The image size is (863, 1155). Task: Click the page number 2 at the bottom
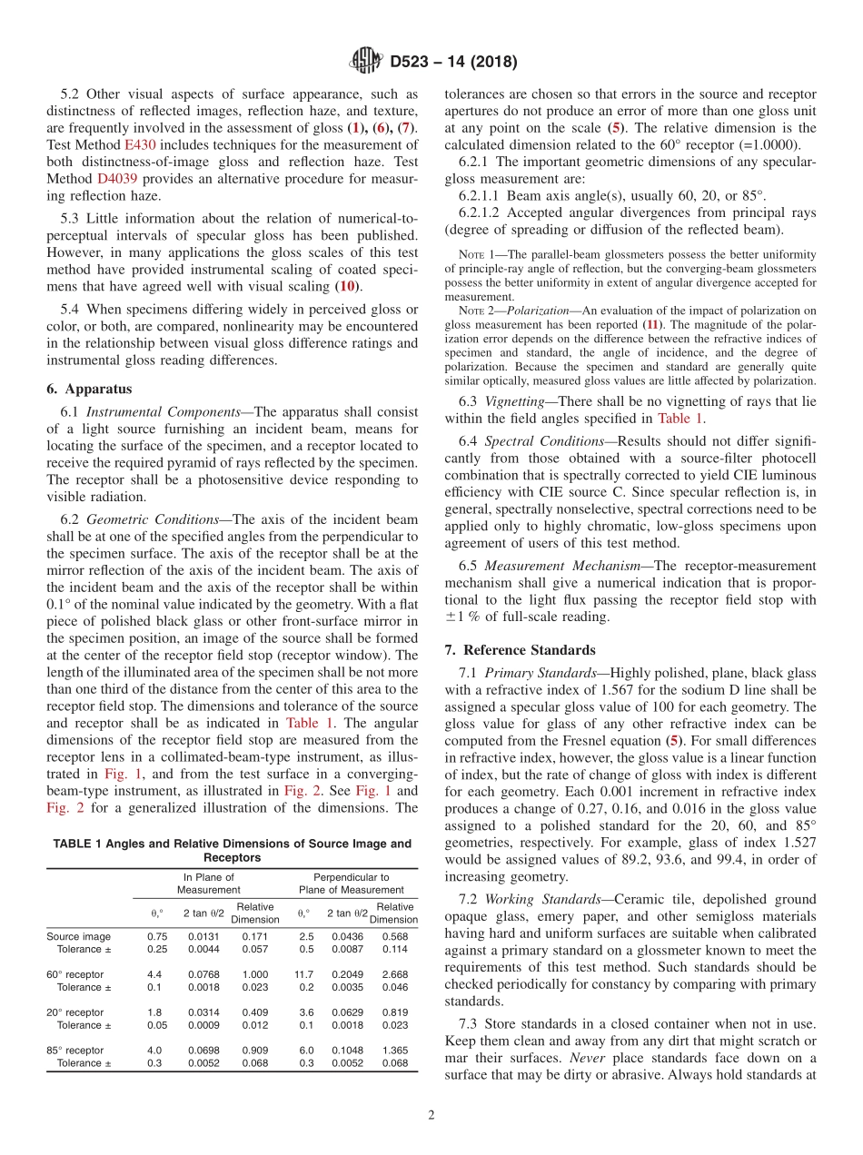[x=431, y=1115]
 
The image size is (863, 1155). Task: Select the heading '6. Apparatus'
[x=89, y=389]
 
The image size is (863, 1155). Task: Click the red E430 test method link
[x=140, y=144]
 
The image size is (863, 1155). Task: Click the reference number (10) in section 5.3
[x=346, y=286]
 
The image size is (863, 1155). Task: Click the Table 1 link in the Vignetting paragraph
[x=679, y=419]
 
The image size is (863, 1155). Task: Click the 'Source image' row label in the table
[x=78, y=936]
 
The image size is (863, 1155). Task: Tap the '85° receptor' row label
[x=74, y=1051]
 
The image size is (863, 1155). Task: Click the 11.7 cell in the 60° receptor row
[x=304, y=974]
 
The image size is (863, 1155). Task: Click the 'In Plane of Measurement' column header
[x=209, y=884]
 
